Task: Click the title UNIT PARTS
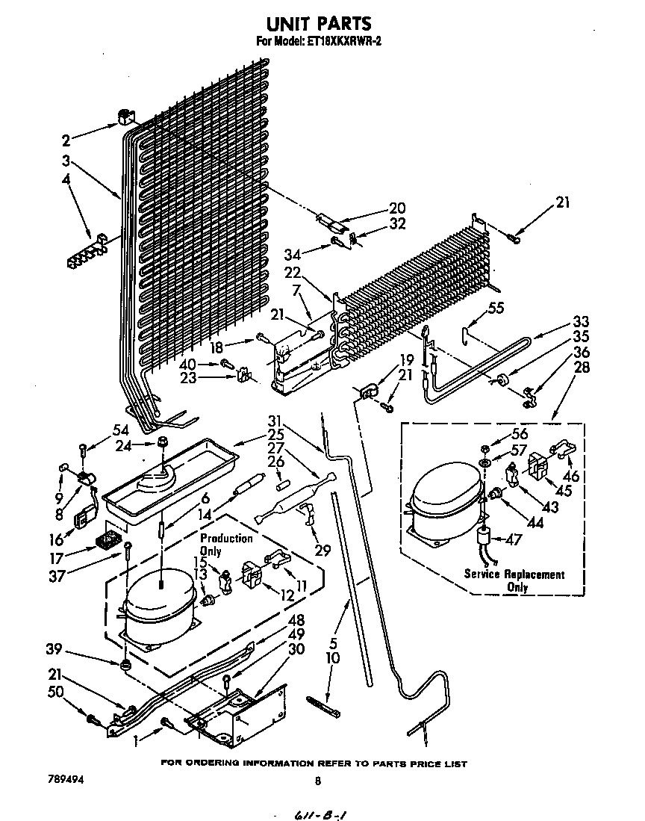[319, 25]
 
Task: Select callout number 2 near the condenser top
[66, 139]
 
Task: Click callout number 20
[397, 208]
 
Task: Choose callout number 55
[496, 307]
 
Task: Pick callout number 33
[581, 323]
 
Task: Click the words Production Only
[225, 545]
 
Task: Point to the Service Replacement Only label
[514, 580]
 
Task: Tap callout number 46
[571, 475]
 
